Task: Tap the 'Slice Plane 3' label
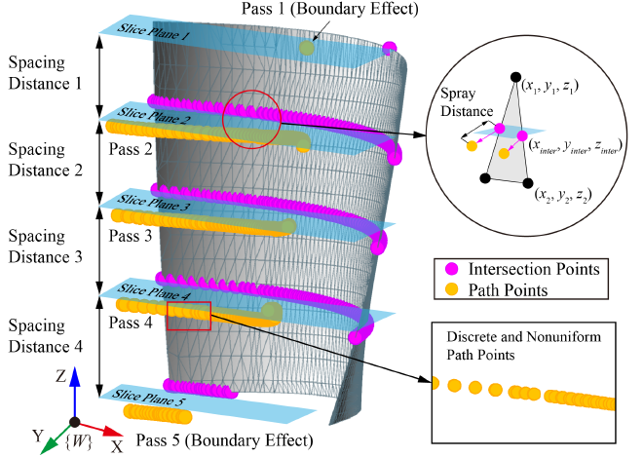click(x=154, y=208)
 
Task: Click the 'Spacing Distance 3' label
click(x=45, y=246)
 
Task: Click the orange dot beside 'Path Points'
click(x=450, y=288)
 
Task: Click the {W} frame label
click(x=74, y=444)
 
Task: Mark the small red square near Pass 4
click(x=189, y=317)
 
